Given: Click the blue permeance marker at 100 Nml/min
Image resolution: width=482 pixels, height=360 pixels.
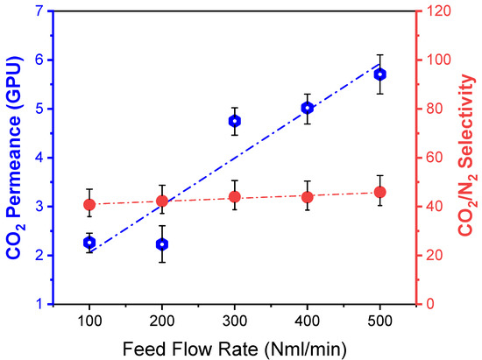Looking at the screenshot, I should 89,242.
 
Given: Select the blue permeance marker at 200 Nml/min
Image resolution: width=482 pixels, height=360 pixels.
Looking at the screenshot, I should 162,244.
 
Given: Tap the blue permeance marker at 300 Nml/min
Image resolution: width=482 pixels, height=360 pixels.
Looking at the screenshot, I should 235,121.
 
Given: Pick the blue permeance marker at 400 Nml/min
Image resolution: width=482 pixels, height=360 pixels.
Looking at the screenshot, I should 308,108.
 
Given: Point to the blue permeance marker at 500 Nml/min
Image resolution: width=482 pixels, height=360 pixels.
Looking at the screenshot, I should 380,74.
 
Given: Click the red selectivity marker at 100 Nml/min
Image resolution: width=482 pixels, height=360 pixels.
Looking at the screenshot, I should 89,204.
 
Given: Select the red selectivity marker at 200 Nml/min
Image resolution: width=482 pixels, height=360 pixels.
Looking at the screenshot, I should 162,201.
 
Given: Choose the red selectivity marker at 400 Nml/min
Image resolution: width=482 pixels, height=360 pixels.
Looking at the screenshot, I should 308,196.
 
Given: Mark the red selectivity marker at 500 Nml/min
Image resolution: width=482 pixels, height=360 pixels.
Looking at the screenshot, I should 380,192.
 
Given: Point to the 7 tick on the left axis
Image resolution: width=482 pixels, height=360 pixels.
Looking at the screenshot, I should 38,11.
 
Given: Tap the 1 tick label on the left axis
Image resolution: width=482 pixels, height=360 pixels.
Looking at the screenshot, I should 38,304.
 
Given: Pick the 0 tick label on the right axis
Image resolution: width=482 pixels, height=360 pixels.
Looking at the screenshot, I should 429,304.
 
